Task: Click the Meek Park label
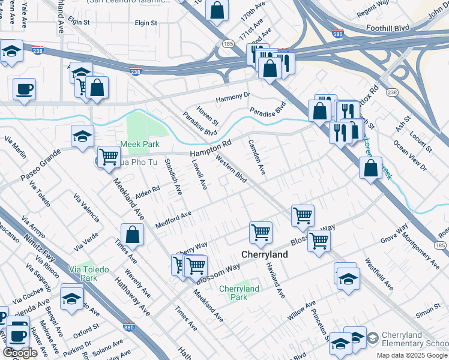click(140, 144)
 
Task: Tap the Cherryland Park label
click(239, 293)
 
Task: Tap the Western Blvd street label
click(231, 170)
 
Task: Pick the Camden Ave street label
click(256, 157)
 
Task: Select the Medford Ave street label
click(173, 218)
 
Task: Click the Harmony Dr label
click(234, 96)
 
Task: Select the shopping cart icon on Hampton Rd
click(109, 157)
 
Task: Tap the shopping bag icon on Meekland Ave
click(132, 235)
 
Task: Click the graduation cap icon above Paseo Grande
click(82, 136)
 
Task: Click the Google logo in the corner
click(20, 353)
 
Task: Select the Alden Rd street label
click(148, 193)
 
